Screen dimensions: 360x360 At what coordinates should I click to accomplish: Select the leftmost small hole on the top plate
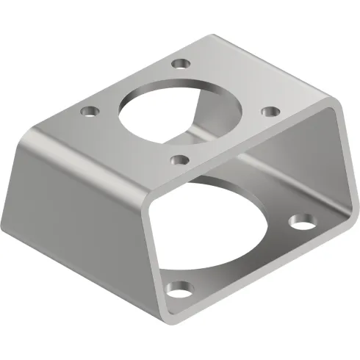[90, 112]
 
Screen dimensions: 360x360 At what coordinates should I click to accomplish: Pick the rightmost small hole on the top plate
[270, 111]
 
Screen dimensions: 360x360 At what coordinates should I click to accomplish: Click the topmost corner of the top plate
[213, 33]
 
